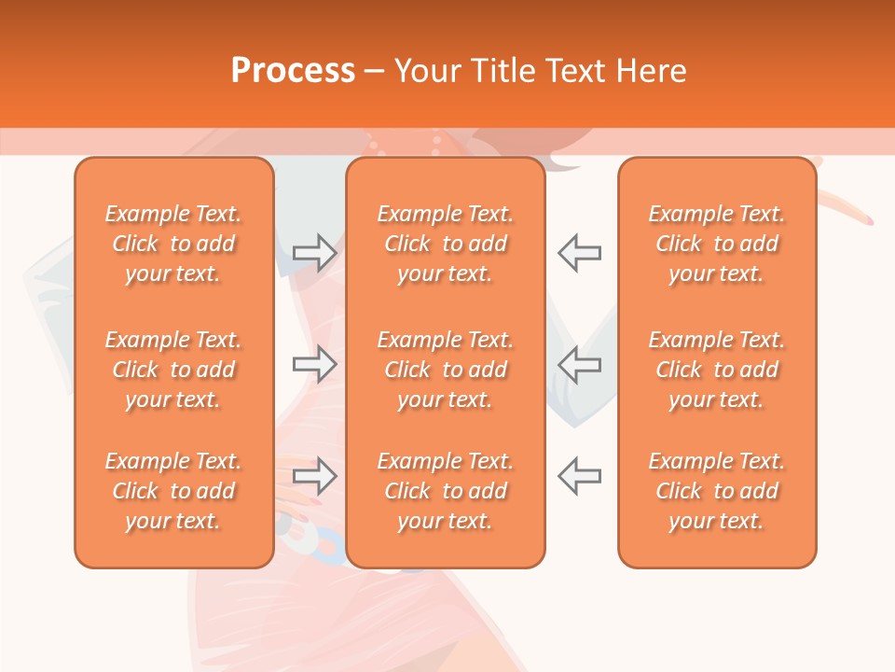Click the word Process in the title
[x=293, y=71]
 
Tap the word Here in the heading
[x=653, y=71]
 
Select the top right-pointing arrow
[x=315, y=252]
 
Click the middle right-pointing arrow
[x=315, y=364]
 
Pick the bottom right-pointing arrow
[x=315, y=476]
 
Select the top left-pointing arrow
[x=579, y=252]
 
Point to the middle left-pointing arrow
[x=579, y=364]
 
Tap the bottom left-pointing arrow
[x=579, y=476]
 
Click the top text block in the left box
[x=173, y=244]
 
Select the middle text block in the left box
[x=173, y=370]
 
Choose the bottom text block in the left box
[x=173, y=491]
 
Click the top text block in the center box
[x=445, y=244]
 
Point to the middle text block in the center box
[x=445, y=370]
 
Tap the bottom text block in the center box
[x=445, y=491]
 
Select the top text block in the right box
[x=717, y=244]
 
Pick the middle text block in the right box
[x=717, y=370]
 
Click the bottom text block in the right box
[x=717, y=491]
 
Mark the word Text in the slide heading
[x=578, y=71]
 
